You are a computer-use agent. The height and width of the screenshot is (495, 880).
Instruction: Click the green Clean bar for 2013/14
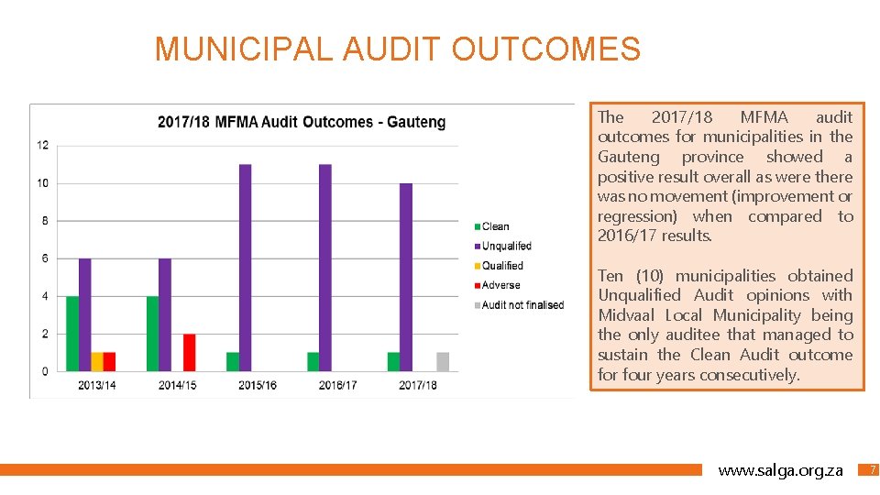(x=72, y=334)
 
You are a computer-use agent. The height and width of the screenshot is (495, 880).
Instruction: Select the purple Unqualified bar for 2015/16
(x=245, y=268)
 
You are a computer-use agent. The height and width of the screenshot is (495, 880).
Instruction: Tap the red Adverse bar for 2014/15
(x=190, y=353)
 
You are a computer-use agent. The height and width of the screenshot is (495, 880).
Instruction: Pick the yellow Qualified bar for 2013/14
(x=97, y=362)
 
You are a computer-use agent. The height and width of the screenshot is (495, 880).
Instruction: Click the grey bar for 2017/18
(x=443, y=362)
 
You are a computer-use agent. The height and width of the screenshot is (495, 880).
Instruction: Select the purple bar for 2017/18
(x=406, y=277)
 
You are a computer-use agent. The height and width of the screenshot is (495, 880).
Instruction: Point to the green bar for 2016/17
(x=313, y=362)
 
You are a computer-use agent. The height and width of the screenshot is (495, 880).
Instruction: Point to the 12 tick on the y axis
(x=42, y=146)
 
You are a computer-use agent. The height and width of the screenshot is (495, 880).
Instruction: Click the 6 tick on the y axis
(x=45, y=258)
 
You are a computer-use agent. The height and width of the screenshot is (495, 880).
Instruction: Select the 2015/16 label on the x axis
(x=258, y=386)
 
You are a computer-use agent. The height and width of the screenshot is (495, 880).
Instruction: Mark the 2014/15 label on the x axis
(x=177, y=386)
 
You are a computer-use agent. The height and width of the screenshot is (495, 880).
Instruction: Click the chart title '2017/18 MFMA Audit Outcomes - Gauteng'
(x=302, y=122)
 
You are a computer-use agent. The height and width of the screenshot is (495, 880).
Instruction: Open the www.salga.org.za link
(x=780, y=470)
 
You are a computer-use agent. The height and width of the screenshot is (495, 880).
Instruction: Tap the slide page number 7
(x=873, y=470)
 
